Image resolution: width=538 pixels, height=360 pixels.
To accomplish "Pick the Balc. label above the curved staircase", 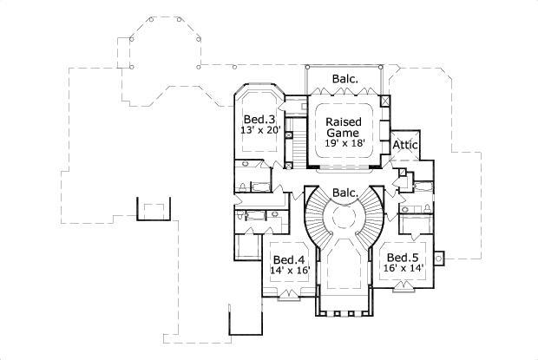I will [344, 192].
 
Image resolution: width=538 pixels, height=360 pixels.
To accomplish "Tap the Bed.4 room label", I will [287, 259].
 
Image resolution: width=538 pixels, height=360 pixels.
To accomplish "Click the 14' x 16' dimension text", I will [288, 272].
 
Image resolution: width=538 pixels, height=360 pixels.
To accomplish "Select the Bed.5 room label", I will [401, 258].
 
